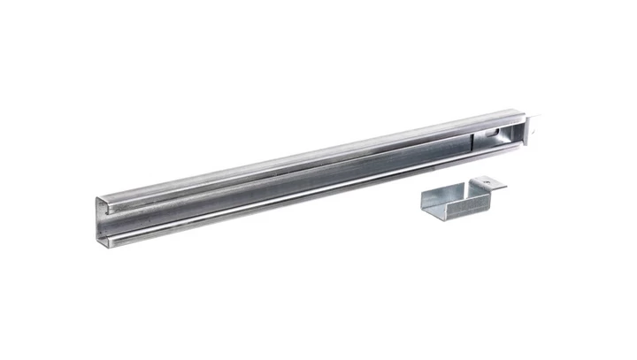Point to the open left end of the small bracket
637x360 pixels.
[426, 203]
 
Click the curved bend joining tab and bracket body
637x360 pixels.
[479, 190]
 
